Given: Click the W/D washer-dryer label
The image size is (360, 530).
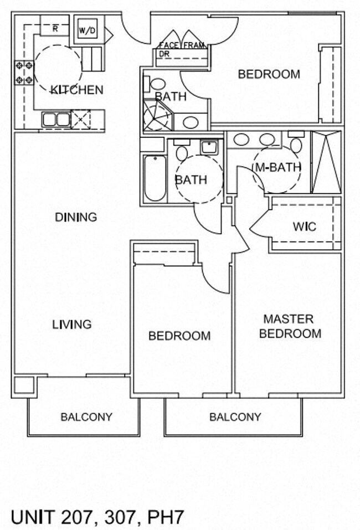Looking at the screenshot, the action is tap(87, 31).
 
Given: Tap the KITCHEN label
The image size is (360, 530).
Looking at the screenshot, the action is tap(77, 90).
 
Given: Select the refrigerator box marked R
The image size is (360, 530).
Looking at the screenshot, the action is tap(55, 25).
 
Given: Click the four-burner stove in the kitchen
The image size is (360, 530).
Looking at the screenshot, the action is tap(24, 73).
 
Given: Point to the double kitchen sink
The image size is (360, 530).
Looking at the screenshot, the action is tap(56, 119).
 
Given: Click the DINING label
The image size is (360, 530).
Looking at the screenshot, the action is tap(76, 217).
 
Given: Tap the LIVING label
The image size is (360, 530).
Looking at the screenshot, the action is tap(71, 325).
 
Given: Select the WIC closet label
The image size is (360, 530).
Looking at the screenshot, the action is tap(305, 227).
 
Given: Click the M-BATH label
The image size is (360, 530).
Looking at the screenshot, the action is tap(278, 167).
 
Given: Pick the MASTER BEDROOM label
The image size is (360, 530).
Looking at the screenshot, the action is tap(290, 326).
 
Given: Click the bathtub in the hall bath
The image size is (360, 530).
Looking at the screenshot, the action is tap(155, 178).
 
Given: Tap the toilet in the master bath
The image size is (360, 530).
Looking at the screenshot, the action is tap(296, 142).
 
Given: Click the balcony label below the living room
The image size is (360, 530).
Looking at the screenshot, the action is tap(86, 417).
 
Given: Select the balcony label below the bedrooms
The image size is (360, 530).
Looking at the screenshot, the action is tap(235, 417).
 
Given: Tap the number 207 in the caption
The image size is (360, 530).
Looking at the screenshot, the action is tap(76, 517).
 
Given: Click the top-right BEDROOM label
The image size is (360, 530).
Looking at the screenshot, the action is tap(269, 74).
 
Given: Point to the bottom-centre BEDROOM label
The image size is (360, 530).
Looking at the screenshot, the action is tap(179, 336).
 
